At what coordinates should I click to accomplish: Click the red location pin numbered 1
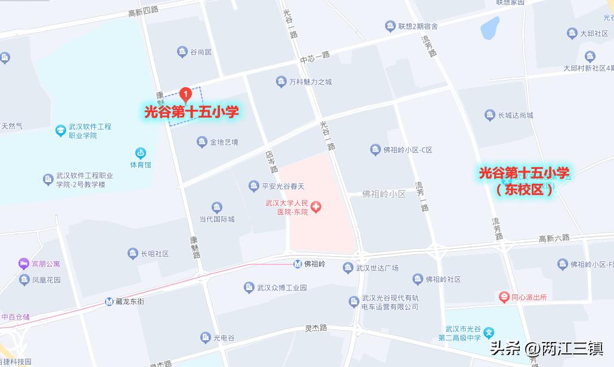pos(185,94)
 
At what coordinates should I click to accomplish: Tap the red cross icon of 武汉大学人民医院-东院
pos(316,207)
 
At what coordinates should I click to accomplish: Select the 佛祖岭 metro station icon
pos(297,264)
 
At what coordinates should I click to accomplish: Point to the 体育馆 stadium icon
pos(141,153)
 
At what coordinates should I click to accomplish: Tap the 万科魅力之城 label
pos(310,82)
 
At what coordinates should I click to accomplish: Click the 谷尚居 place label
pos(200,53)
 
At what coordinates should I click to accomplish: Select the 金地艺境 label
pos(224,142)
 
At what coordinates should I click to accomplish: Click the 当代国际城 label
pos(216,219)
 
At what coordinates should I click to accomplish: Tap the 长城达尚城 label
pos(516,115)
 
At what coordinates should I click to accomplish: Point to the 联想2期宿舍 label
pos(418,26)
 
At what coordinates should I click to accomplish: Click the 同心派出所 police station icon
pos(504,297)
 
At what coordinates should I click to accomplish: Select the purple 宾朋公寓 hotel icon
pos(24,263)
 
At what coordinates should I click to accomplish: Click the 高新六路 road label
pos(554,239)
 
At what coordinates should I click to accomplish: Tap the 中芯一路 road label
pos(315,58)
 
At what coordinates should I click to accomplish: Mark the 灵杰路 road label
pos(316,328)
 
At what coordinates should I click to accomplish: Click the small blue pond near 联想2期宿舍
pos(489,27)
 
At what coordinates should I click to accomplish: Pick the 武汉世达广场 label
pos(377,268)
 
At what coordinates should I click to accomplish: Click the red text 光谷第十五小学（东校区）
pos(525,181)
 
